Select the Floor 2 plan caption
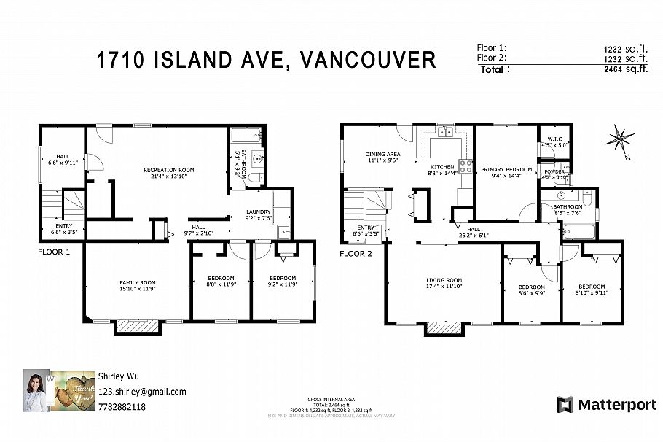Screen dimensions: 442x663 point(356,254)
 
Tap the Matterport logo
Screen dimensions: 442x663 point(606,404)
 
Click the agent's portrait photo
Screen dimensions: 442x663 point(34,391)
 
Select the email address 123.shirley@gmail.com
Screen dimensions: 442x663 point(141,392)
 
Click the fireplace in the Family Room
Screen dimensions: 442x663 point(138,327)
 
